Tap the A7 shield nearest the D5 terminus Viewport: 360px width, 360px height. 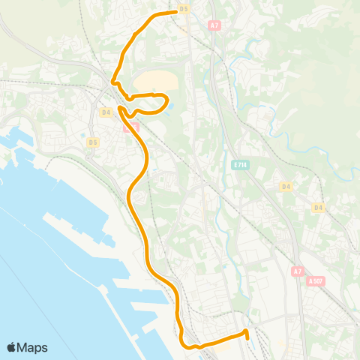215,25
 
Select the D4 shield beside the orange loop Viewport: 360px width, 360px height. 105,112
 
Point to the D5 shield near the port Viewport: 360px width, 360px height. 92,142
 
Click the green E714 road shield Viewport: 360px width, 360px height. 239,165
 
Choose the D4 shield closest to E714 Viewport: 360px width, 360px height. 285,185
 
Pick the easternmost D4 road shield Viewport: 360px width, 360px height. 318,207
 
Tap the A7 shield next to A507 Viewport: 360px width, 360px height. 298,270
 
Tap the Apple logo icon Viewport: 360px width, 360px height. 12,347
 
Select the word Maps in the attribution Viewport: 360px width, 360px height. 33,347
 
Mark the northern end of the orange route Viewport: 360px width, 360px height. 175,12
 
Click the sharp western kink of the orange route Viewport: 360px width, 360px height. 112,82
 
